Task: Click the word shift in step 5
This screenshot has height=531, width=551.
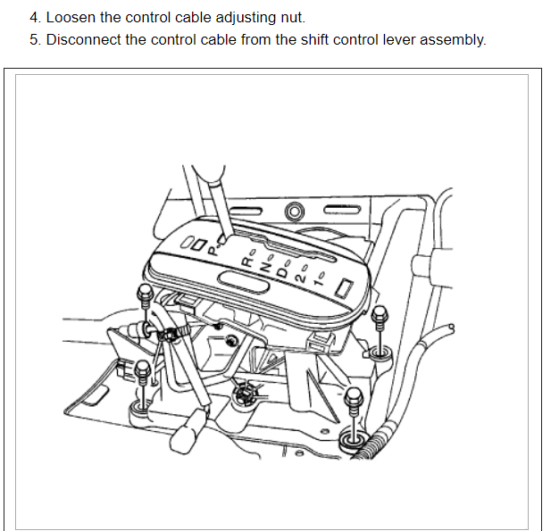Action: click(286, 40)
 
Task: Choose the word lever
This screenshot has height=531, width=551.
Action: click(368, 40)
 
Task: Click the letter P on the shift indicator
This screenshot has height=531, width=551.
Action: click(213, 252)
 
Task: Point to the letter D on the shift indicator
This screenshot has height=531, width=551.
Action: click(282, 270)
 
